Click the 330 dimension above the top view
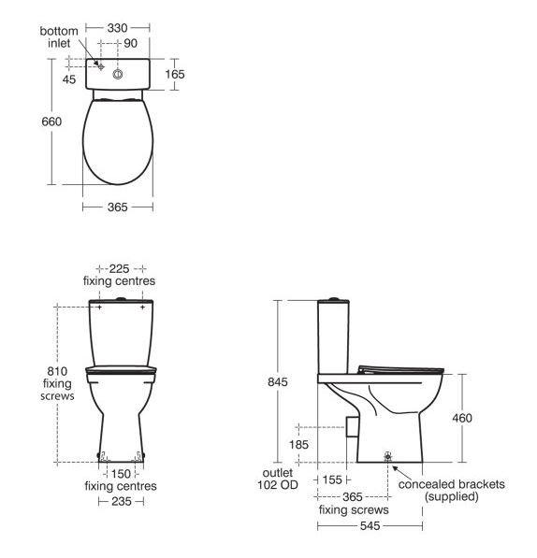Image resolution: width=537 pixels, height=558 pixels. (x=117, y=28)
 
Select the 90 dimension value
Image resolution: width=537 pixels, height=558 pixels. (x=130, y=43)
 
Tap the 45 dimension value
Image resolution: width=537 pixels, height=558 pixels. (x=69, y=79)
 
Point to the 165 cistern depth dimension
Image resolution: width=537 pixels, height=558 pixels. (x=175, y=74)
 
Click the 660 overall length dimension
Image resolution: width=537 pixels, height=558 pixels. (x=51, y=122)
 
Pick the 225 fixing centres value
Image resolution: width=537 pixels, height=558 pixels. (x=119, y=268)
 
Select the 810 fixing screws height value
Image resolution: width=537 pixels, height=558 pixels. (x=57, y=371)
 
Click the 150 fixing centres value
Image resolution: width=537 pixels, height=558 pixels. (x=121, y=474)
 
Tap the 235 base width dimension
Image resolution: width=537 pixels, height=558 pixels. (x=122, y=501)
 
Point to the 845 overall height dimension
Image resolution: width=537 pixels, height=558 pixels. (x=278, y=382)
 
